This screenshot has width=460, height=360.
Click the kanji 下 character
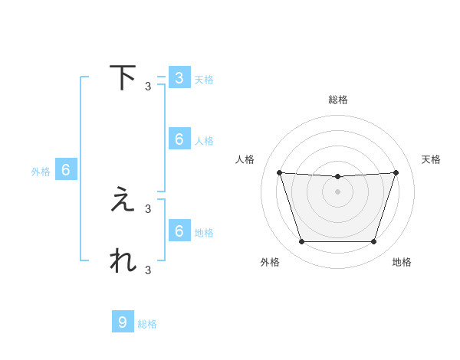tap(123, 77)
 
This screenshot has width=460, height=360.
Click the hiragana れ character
tap(123, 261)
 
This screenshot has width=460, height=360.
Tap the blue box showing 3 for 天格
tap(179, 77)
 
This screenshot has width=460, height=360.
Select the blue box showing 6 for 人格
tap(179, 139)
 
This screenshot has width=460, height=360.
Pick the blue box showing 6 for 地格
tap(179, 231)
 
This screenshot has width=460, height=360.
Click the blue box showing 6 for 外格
tap(66, 170)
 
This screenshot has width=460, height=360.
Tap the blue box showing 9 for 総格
tap(123, 322)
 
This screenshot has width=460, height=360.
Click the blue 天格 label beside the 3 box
tap(204, 80)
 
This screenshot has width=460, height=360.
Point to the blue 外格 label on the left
tap(41, 172)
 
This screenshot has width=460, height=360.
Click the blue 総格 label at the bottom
tap(147, 324)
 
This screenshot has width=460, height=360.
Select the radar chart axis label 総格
tap(338, 100)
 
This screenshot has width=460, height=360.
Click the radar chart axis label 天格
tap(432, 159)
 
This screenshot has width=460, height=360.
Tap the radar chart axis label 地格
tap(402, 262)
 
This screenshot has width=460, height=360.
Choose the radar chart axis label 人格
tap(245, 159)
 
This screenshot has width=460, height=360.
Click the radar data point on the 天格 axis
tap(396, 172)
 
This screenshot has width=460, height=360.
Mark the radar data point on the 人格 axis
tap(279, 172)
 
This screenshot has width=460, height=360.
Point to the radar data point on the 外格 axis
tap(301, 242)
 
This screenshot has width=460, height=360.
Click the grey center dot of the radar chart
tap(338, 191)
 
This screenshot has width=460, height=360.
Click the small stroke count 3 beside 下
tap(148, 87)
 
